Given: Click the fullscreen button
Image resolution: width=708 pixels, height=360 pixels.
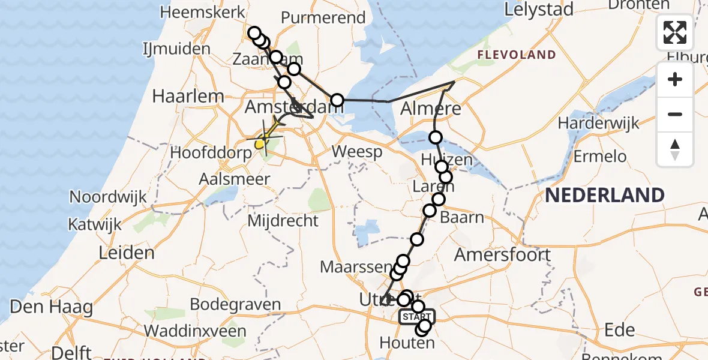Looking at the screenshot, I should pos(675,32).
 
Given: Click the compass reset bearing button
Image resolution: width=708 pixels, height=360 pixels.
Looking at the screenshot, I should pos(675,149).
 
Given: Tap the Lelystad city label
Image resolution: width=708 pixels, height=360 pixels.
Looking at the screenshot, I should pos(539,9).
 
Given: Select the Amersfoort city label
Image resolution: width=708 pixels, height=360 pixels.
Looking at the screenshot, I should pos(502,254).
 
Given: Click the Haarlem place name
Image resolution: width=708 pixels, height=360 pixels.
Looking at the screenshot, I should pos(180,96).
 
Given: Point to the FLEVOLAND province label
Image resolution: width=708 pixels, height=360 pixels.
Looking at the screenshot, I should pos(517,55).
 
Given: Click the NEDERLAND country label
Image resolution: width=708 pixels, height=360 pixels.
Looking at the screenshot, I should pos(605,195).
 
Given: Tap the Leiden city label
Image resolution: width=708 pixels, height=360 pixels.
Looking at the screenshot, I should pos(127,253).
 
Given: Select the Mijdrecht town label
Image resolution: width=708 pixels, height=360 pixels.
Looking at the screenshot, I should pos(283,221).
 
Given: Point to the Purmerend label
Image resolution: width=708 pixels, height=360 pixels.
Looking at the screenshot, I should pos(323,17).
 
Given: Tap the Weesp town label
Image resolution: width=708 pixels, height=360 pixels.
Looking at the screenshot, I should pos(357,152).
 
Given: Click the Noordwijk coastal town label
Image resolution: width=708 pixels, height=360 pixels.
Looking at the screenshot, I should pos(108,197).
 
